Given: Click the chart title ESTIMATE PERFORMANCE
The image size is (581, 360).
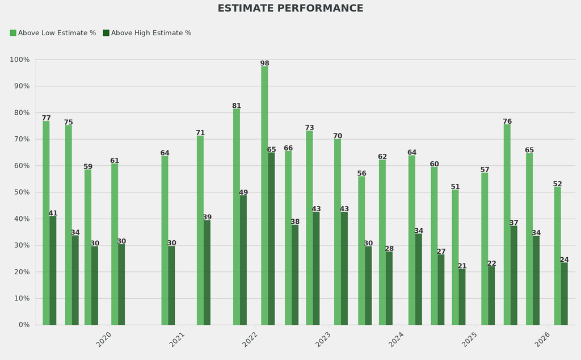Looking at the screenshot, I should (290, 9).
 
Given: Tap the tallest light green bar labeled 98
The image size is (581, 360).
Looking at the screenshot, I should (264, 196).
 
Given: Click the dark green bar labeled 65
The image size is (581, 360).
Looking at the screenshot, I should (271, 238).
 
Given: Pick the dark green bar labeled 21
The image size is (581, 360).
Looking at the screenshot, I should (462, 297).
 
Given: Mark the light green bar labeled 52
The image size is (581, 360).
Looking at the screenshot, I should (557, 256).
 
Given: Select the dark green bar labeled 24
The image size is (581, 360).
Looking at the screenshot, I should (564, 294).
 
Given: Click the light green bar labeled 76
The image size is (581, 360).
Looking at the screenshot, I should (507, 224).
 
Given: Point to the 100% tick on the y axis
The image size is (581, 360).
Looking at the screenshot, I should (20, 60).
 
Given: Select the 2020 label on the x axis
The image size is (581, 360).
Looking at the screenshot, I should (103, 340).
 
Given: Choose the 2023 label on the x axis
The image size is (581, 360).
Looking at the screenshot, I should (323, 340).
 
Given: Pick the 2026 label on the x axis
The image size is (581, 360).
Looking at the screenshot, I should (542, 340).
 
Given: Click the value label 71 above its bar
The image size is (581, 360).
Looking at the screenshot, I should (200, 133).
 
